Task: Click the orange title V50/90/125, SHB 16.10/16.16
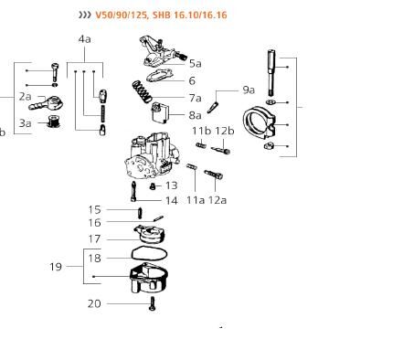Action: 161,15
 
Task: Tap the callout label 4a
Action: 84,39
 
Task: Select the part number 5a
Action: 196,64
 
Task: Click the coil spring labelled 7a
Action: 142,91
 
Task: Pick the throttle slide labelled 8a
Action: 160,112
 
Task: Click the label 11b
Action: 201,131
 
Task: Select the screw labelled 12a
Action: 214,175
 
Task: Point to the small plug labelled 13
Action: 153,186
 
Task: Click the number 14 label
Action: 171,201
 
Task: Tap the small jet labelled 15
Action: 140,213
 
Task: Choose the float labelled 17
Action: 150,234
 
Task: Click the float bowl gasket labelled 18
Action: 149,253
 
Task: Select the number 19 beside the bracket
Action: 56,267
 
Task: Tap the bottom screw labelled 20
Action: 153,303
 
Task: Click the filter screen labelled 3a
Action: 55,122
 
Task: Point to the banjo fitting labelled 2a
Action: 47,103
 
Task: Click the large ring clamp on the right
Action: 259,122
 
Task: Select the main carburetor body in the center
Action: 152,157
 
